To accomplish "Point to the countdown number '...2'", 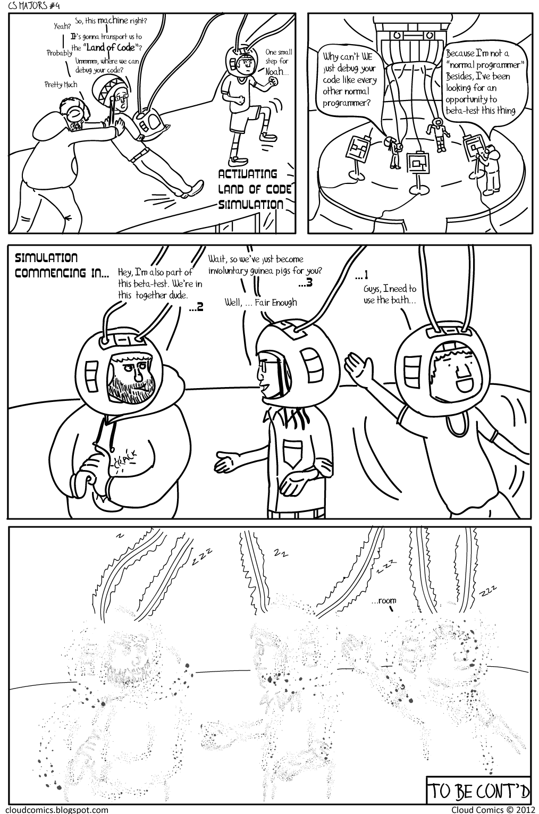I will coord(196,307).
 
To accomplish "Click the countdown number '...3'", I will coord(305,283).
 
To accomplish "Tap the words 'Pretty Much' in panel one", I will coord(61,85).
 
